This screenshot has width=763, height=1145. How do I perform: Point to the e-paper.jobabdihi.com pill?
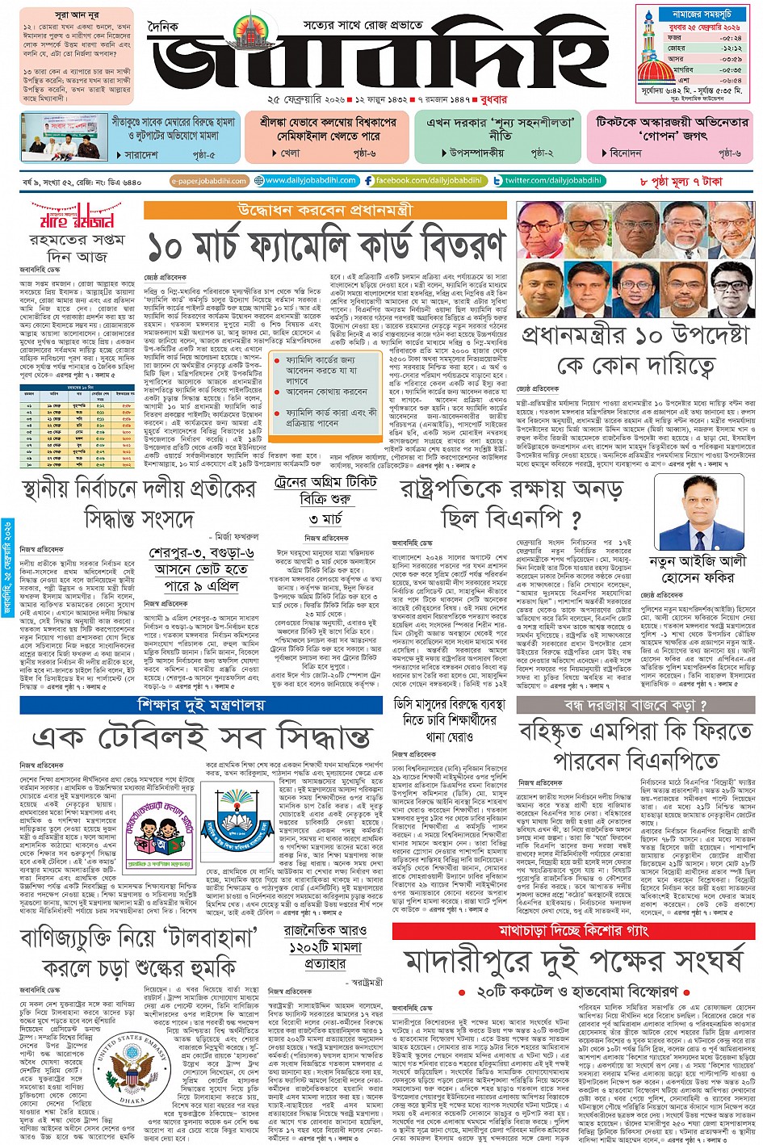point(209,182)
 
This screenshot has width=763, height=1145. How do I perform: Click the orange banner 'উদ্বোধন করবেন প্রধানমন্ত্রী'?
point(325,210)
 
